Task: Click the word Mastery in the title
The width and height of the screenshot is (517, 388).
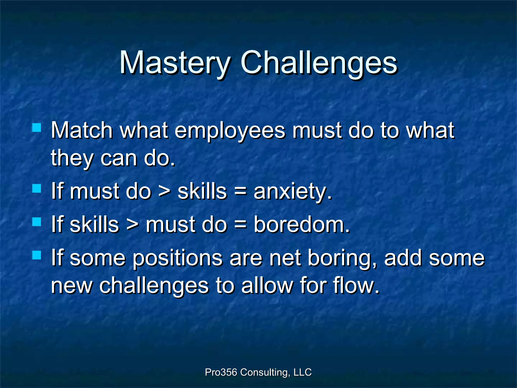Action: click(174, 63)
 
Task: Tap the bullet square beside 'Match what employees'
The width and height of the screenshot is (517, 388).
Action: click(37, 128)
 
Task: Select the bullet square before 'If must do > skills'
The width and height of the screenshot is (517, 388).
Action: click(37, 188)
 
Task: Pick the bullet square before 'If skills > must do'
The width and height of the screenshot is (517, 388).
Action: click(37, 222)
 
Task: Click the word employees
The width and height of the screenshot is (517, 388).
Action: click(230, 131)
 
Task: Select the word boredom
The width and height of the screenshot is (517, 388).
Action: click(301, 225)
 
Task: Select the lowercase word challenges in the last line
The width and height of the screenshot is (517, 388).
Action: click(154, 286)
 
